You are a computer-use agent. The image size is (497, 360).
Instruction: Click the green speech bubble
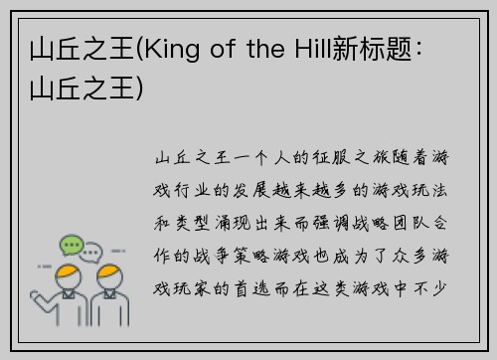pyautogui.click(x=71, y=244)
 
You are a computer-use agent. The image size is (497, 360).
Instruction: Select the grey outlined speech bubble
pyautogui.click(x=92, y=252)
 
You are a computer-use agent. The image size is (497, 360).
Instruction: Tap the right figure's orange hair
pyautogui.click(x=109, y=271)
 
